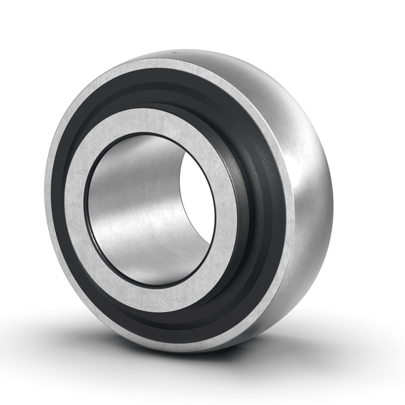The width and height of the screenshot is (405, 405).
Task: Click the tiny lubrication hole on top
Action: [175, 52]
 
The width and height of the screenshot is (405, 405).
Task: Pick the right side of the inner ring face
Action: [228, 199]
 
